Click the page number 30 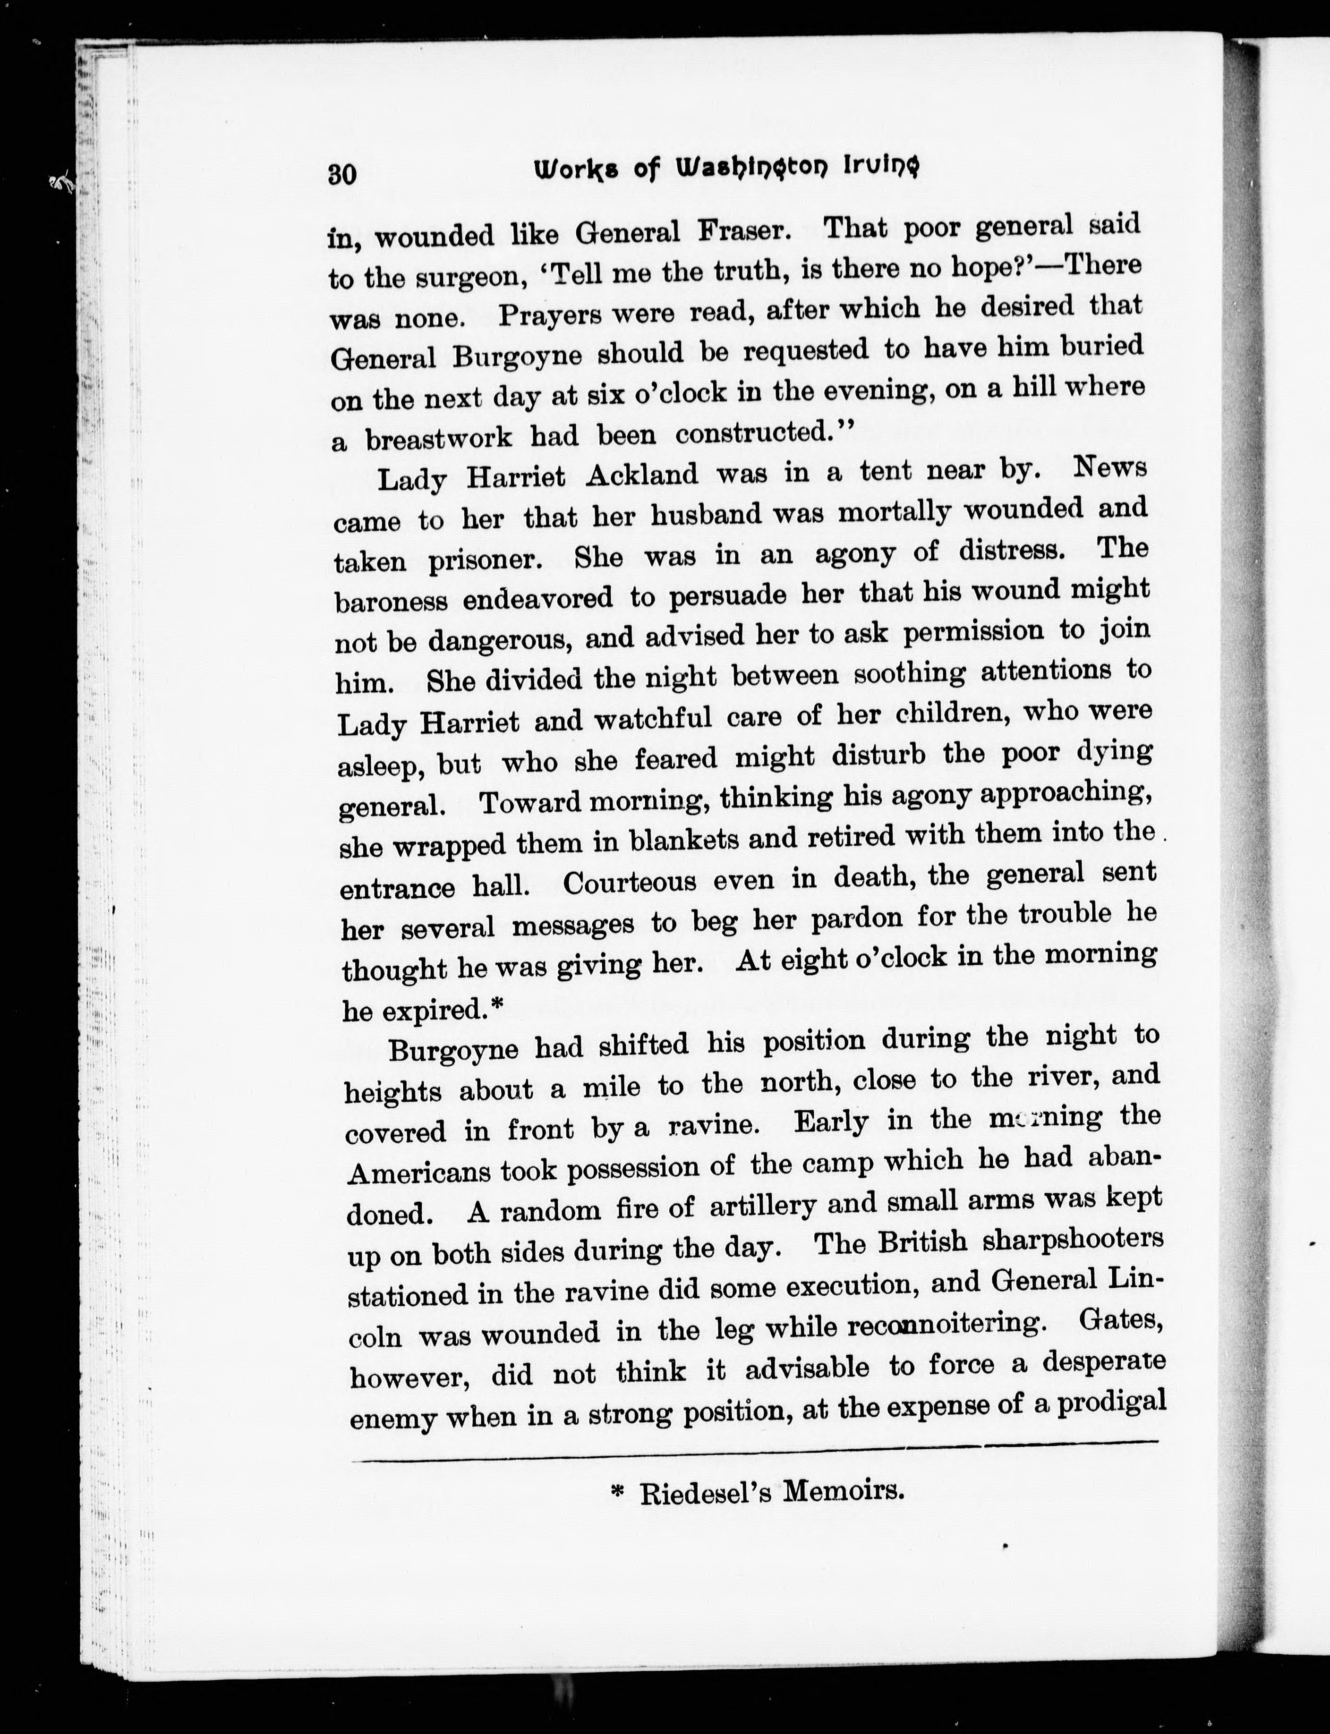point(342,173)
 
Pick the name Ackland point(642,476)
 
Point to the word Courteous point(630,883)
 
